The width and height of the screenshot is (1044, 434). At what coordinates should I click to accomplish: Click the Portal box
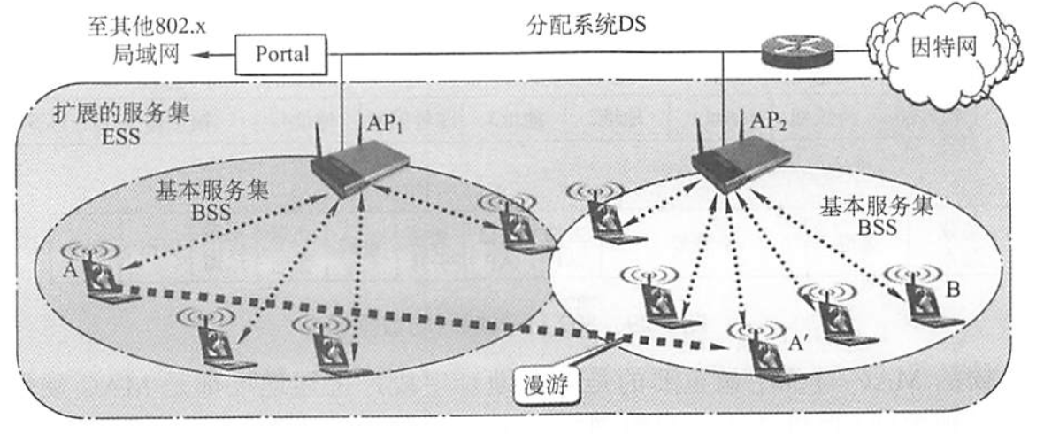click(x=282, y=54)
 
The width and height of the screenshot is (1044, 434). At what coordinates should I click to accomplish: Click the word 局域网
click(x=150, y=54)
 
